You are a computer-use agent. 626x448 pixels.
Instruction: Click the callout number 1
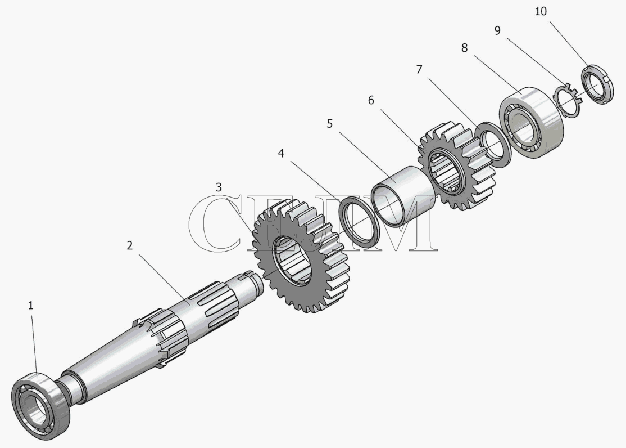pyautogui.click(x=31, y=306)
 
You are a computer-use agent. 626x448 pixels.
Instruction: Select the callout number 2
pyautogui.click(x=130, y=245)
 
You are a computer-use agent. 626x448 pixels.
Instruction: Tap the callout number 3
pyautogui.click(x=219, y=187)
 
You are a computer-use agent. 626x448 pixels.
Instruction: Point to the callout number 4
pyautogui.click(x=282, y=153)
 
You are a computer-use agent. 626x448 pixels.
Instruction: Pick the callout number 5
pyautogui.click(x=329, y=124)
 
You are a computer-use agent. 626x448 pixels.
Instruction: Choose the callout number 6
pyautogui.click(x=371, y=100)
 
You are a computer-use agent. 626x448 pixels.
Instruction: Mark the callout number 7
pyautogui.click(x=419, y=70)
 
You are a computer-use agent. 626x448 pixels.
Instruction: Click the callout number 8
pyautogui.click(x=464, y=48)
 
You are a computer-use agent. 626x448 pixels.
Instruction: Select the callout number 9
pyautogui.click(x=497, y=30)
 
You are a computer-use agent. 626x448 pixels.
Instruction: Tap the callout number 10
pyautogui.click(x=541, y=11)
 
